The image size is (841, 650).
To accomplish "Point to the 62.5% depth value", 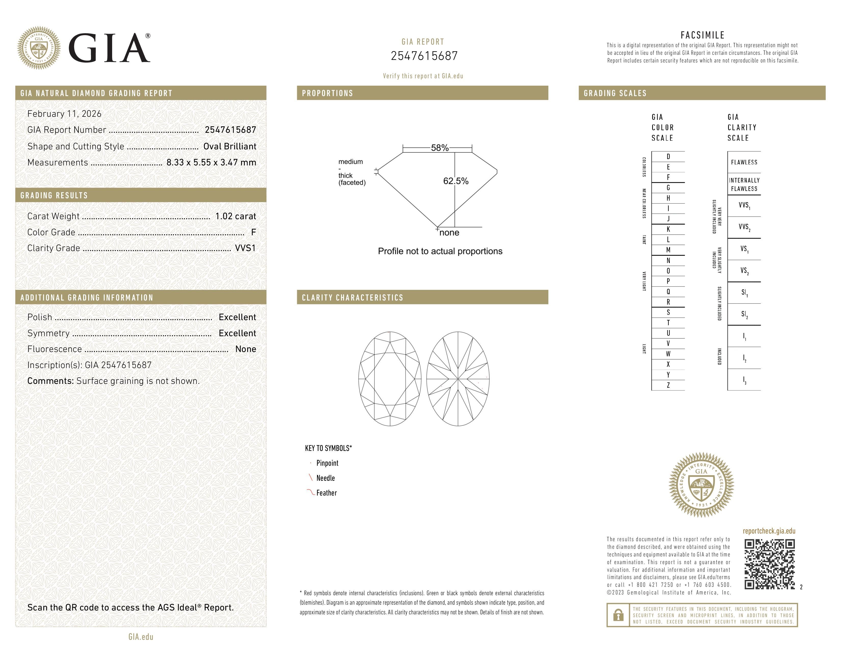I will click(x=456, y=181).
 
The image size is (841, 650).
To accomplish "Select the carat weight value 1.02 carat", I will click(x=235, y=216).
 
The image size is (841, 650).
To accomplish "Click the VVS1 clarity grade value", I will click(x=245, y=248).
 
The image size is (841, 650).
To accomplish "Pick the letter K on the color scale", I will click(x=668, y=229).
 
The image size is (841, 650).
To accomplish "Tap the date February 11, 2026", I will click(x=64, y=114).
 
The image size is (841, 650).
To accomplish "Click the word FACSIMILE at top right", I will click(x=702, y=35).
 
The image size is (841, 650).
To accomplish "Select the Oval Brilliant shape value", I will click(x=230, y=146).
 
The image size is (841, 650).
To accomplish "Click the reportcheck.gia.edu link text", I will click(x=769, y=531).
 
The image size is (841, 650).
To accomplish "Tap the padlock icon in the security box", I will click(x=619, y=615).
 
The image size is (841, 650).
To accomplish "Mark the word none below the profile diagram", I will click(x=449, y=232).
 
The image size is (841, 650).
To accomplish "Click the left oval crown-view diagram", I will click(x=390, y=379).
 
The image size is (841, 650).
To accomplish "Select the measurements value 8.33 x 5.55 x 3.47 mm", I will click(x=211, y=163).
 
